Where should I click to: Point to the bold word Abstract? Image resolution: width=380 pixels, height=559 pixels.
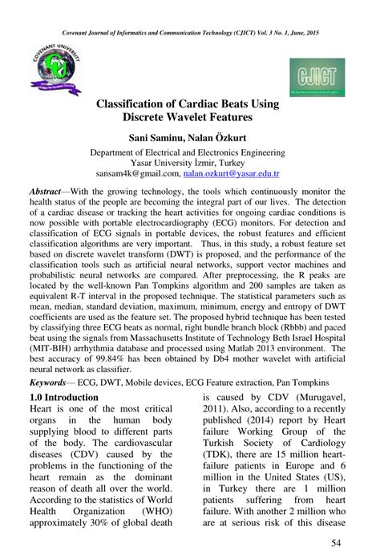tap(50, 193)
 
